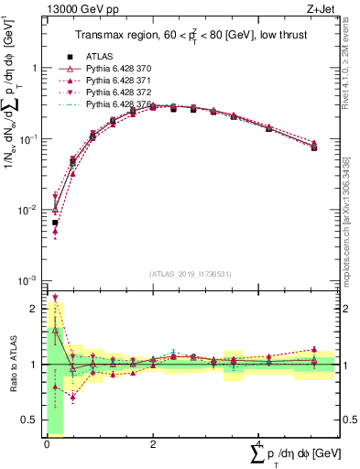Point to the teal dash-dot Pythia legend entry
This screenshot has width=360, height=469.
coord(119,105)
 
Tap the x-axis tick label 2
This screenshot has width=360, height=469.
coord(152,444)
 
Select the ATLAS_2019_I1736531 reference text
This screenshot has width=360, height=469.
coord(191,273)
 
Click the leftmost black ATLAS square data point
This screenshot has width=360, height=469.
coord(56,223)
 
